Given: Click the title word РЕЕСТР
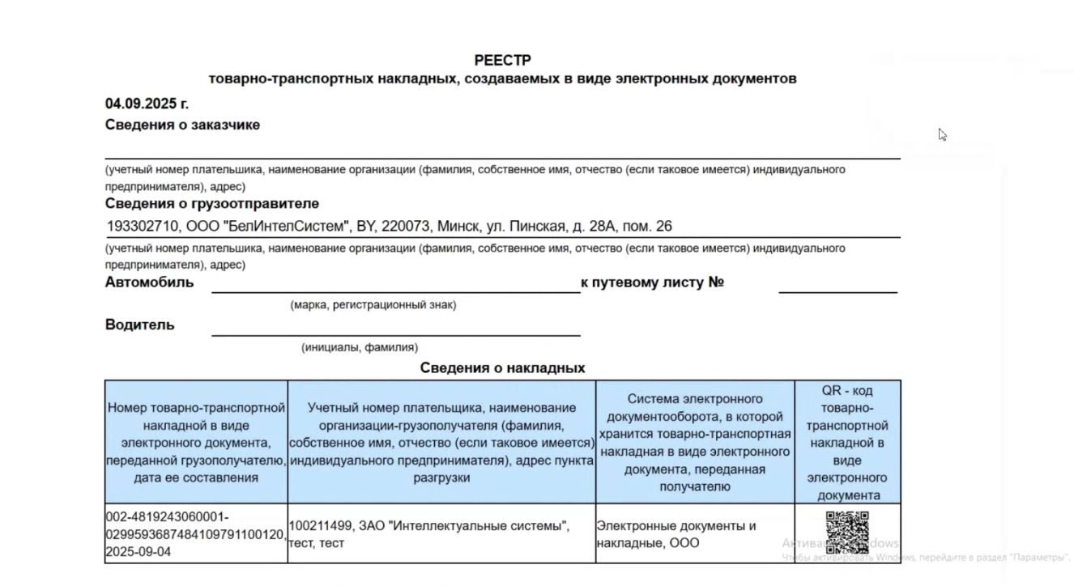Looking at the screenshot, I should coord(502,61).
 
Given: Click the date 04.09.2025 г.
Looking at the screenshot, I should coord(147,104).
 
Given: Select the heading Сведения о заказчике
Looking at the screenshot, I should coord(182,125).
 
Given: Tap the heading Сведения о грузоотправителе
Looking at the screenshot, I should coord(211,203).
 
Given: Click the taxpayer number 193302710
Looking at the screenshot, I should coord(143,227).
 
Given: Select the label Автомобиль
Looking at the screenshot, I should coord(149,282).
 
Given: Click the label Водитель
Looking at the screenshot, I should coord(139,325).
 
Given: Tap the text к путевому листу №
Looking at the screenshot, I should coord(652,282).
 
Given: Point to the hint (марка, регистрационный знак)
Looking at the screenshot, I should coord(373,305).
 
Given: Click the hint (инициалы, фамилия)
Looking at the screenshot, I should coord(360,347).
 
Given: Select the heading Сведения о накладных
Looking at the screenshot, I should coord(502,368).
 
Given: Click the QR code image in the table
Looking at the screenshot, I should coord(847,533).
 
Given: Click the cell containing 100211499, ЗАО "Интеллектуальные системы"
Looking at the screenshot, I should coord(441,534).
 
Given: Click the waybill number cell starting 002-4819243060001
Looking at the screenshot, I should coord(196,534).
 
